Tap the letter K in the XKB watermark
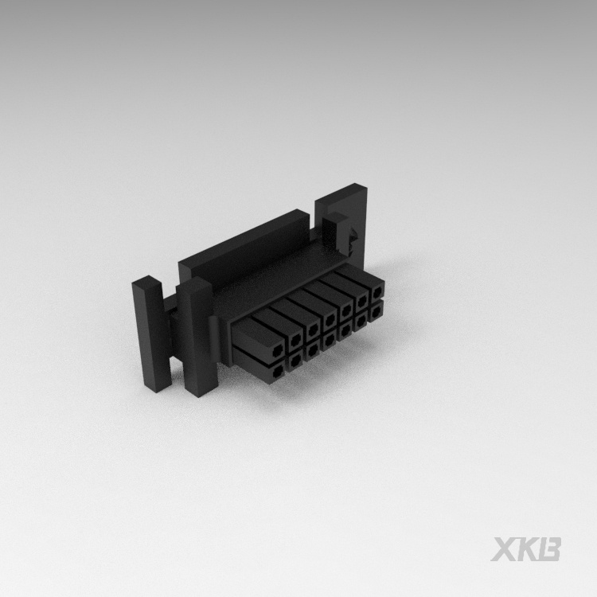pos(527,549)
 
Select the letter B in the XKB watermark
pos(549,549)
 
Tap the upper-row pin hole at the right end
pos(377,293)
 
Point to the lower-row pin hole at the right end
pos(376,312)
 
